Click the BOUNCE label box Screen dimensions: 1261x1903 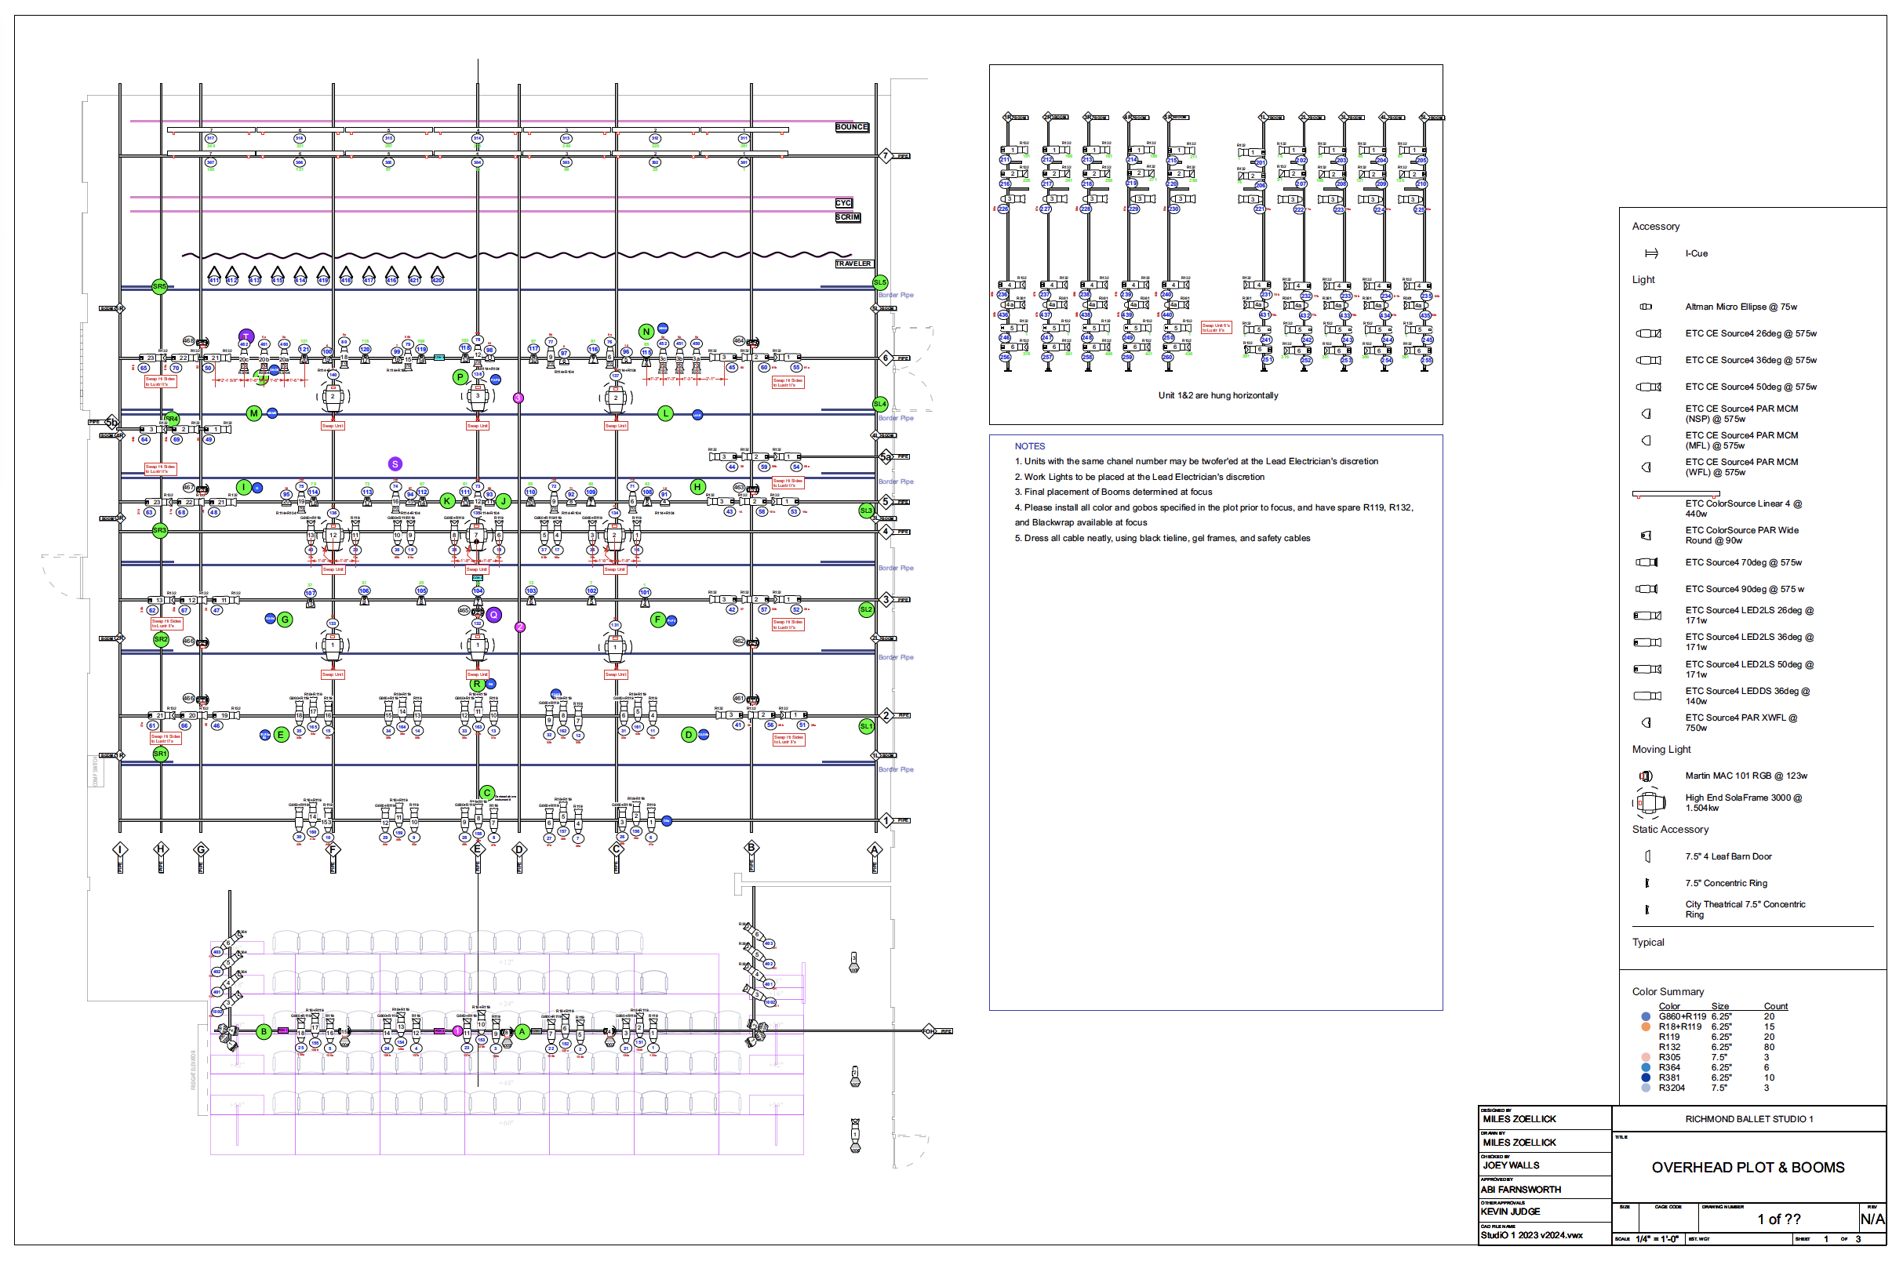[851, 127]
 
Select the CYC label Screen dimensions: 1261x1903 [843, 203]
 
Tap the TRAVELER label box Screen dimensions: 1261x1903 [853, 263]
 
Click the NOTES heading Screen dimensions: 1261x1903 [1028, 446]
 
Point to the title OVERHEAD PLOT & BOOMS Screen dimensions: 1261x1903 [1747, 1167]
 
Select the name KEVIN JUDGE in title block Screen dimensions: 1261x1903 [1510, 1211]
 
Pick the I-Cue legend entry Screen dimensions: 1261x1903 [1695, 253]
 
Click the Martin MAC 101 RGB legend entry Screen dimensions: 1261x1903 [1745, 776]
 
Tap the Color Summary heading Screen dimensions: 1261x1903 [1668, 991]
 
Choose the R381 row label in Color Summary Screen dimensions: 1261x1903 [1669, 1077]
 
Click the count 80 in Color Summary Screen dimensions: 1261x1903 [1769, 1047]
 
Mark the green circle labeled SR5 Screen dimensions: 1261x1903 [159, 286]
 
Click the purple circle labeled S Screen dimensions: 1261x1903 [395, 464]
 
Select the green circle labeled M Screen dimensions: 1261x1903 [254, 413]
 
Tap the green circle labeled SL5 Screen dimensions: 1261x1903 [880, 282]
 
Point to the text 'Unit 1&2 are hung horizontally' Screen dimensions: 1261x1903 [1217, 396]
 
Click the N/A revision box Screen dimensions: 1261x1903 [1872, 1219]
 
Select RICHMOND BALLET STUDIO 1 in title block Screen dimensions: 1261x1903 [1748, 1118]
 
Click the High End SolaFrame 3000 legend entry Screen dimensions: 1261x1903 [1743, 802]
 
